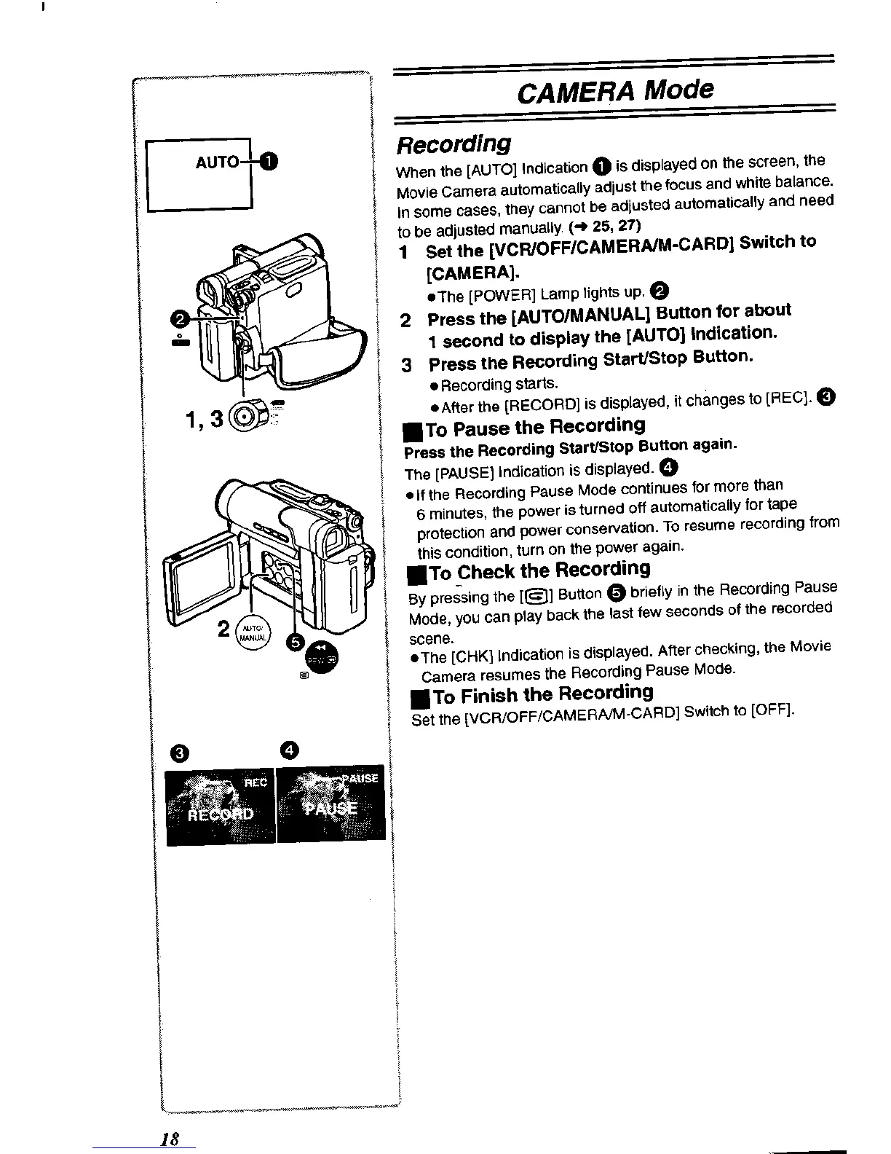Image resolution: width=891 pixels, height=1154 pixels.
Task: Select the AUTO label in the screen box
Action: click(x=216, y=162)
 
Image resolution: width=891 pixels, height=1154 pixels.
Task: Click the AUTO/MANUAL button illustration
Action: click(x=253, y=632)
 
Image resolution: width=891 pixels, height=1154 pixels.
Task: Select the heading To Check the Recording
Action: click(x=531, y=570)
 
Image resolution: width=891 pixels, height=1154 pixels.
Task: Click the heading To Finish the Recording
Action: click(x=532, y=694)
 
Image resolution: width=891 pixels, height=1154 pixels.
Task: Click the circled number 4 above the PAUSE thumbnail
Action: click(x=288, y=750)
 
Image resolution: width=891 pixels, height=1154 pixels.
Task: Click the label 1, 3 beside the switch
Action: click(x=205, y=420)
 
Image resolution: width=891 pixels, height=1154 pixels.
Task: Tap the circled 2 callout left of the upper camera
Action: click(x=176, y=318)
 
